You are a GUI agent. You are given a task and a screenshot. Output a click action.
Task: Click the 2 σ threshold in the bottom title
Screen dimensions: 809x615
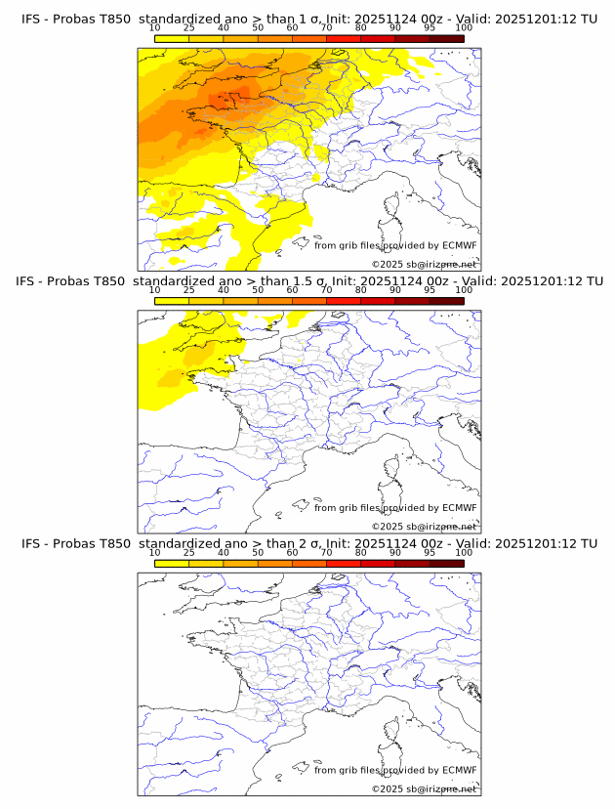tap(305, 543)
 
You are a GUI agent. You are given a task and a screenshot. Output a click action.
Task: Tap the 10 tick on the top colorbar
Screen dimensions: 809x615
tap(155, 29)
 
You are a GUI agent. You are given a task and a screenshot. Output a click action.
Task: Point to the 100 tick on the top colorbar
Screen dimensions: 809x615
tap(464, 29)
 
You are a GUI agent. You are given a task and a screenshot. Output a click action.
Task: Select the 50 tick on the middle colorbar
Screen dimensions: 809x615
tap(258, 291)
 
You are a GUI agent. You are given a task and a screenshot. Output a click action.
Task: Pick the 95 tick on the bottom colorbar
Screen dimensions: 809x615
tap(430, 553)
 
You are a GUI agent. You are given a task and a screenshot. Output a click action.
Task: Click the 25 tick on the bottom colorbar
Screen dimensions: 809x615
tap(189, 553)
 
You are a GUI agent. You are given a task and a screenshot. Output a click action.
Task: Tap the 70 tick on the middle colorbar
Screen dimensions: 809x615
tap(326, 291)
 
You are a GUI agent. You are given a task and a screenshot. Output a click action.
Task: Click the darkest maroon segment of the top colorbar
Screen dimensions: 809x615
tap(446, 39)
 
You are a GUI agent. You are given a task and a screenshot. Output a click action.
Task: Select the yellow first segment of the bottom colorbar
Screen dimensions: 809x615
tap(172, 563)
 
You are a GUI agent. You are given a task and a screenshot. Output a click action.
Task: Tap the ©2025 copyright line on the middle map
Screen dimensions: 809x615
tap(424, 526)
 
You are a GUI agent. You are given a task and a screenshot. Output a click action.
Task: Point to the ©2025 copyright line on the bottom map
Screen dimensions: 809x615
tap(424, 788)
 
